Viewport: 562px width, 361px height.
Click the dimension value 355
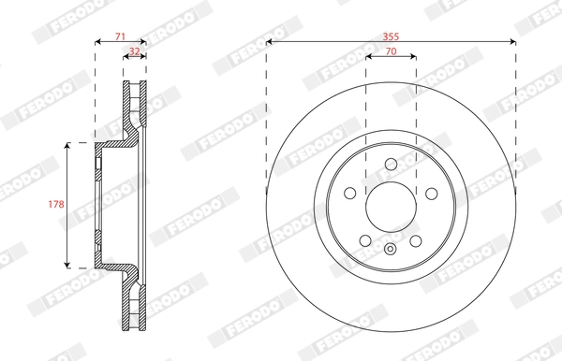point(391,34)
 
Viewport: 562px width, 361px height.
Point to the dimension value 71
point(120,35)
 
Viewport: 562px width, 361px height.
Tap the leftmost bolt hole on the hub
point(349,194)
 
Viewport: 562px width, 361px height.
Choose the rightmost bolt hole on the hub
point(432,194)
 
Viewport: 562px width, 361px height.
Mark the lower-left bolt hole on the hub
point(365,241)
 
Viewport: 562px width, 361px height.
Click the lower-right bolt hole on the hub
point(416,241)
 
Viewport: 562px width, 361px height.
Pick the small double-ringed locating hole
point(391,249)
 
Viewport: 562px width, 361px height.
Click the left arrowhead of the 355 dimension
point(270,41)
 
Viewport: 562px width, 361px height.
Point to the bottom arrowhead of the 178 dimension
point(68,266)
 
